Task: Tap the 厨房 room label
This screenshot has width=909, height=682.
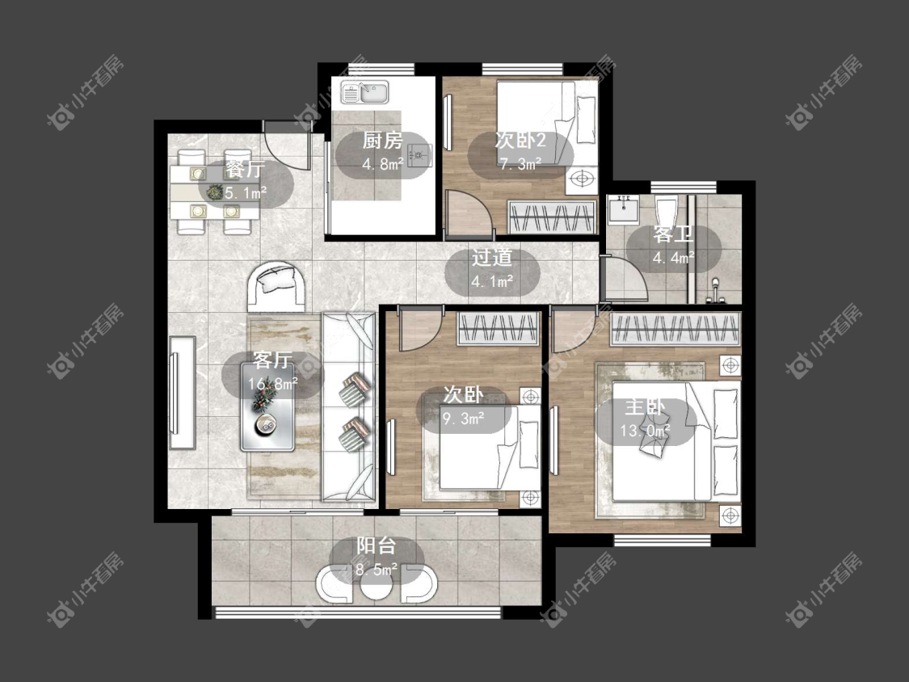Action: [382, 141]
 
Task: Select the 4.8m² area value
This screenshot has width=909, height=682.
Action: [383, 164]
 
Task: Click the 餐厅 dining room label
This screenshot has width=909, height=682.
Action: [245, 170]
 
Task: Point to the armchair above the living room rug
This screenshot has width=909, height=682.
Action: [276, 287]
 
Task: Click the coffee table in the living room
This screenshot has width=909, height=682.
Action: [267, 416]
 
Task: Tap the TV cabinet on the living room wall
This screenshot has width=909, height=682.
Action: [182, 393]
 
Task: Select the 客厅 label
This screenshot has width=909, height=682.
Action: [272, 360]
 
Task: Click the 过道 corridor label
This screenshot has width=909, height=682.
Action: [491, 258]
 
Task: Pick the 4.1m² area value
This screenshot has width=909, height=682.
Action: [492, 282]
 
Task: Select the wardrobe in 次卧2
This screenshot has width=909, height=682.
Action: [552, 217]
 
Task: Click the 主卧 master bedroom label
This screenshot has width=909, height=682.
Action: [645, 407]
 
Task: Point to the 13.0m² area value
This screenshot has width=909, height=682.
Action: [646, 431]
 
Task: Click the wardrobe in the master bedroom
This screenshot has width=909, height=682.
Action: [675, 329]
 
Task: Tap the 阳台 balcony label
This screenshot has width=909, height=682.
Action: [377, 545]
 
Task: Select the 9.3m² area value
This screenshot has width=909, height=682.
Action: [464, 418]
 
